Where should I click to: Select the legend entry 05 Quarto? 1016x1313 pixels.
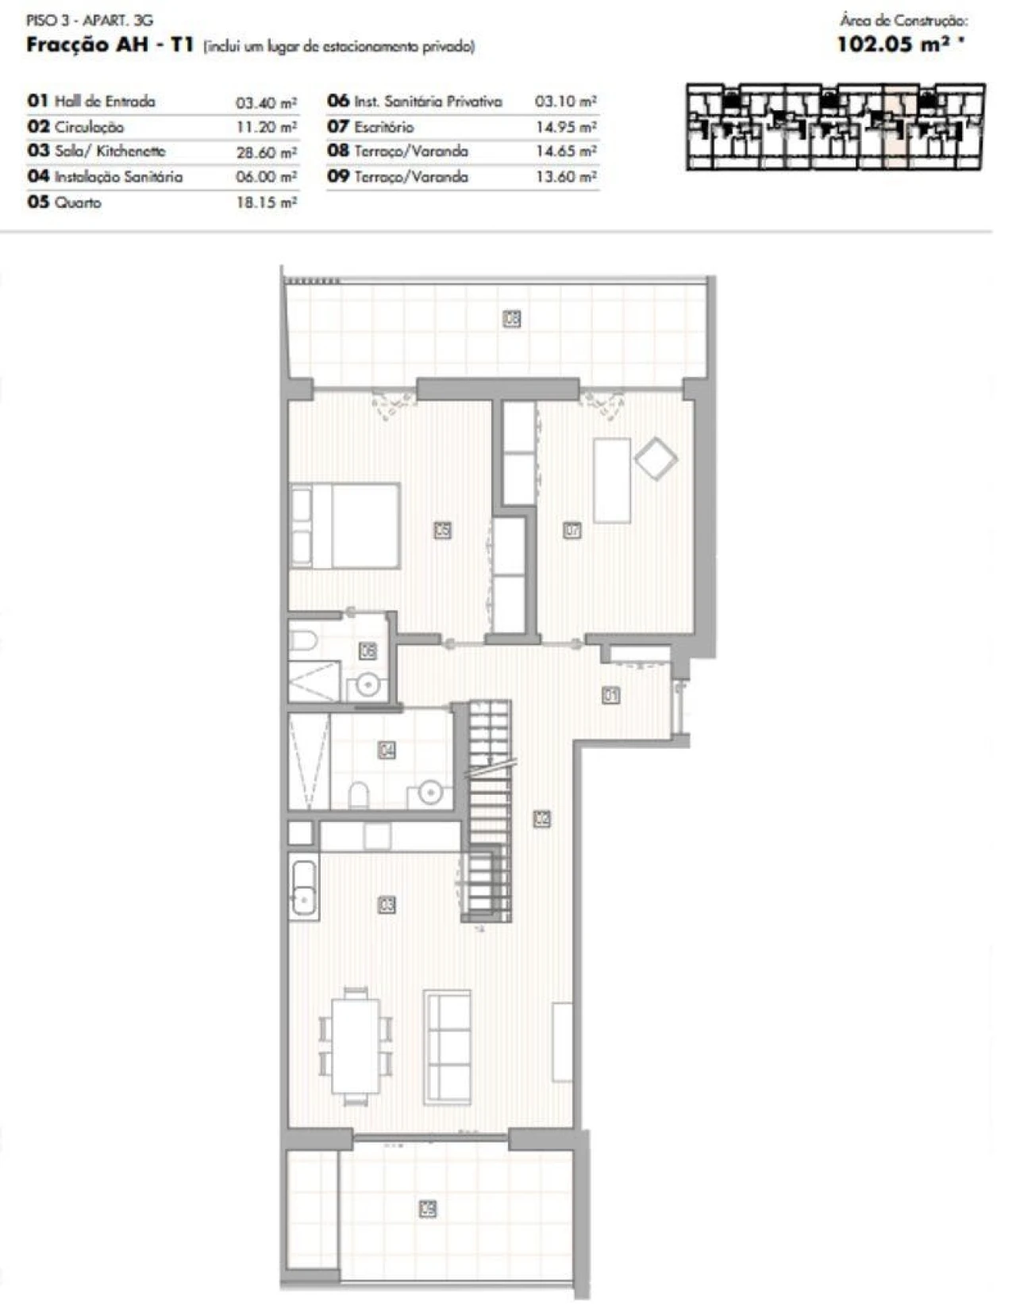pyautogui.click(x=64, y=202)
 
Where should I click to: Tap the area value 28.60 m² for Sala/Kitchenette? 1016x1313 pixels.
pyautogui.click(x=266, y=152)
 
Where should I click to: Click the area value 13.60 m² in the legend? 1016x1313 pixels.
pyautogui.click(x=565, y=177)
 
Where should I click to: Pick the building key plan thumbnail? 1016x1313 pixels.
pyautogui.click(x=835, y=126)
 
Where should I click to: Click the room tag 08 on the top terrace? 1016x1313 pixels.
pyautogui.click(x=512, y=319)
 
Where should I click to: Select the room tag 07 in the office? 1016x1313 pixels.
pyautogui.click(x=571, y=530)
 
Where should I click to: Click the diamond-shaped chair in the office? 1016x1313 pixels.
pyautogui.click(x=656, y=459)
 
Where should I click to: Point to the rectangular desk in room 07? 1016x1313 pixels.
pyautogui.click(x=612, y=480)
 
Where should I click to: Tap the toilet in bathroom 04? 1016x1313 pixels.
pyautogui.click(x=359, y=794)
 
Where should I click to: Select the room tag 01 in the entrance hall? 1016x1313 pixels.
pyautogui.click(x=610, y=696)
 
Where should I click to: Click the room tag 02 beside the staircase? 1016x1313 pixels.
pyautogui.click(x=542, y=817)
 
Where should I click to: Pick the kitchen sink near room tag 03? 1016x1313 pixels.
pyautogui.click(x=303, y=889)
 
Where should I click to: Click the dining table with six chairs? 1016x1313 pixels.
pyautogui.click(x=356, y=1046)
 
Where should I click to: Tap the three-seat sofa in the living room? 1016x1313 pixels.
pyautogui.click(x=448, y=1046)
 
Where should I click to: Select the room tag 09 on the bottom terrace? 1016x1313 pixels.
pyautogui.click(x=428, y=1209)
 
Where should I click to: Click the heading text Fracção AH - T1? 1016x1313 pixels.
pyautogui.click(x=110, y=45)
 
